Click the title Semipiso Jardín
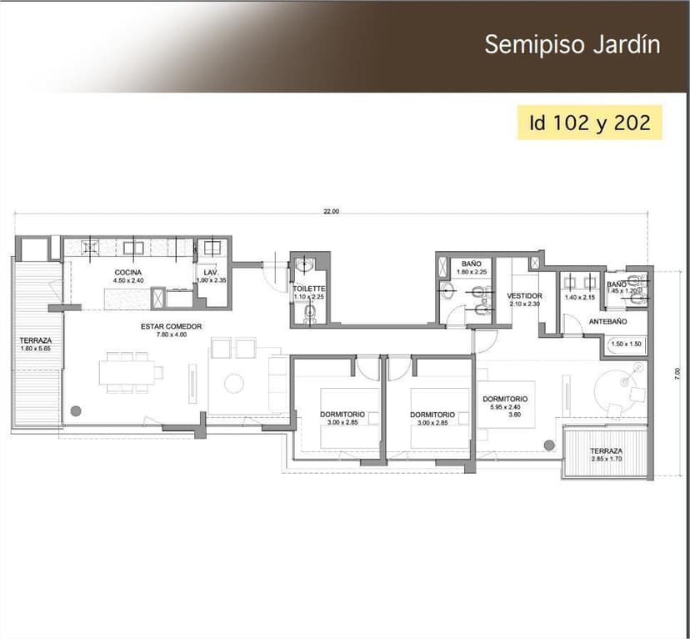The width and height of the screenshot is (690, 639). tap(572, 44)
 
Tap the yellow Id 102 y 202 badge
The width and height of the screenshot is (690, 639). tap(589, 123)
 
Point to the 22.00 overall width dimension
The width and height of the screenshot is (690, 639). tap(331, 212)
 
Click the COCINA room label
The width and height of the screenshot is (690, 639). tap(127, 273)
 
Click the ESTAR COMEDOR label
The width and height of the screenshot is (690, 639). tap(171, 326)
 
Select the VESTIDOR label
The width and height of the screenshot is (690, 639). tap(525, 296)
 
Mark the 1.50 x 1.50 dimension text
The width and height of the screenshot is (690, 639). tap(624, 345)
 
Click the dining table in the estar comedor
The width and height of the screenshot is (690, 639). tap(125, 372)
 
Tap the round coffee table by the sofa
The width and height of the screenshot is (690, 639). tap(234, 382)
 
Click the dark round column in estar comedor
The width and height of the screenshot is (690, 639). tap(76, 410)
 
